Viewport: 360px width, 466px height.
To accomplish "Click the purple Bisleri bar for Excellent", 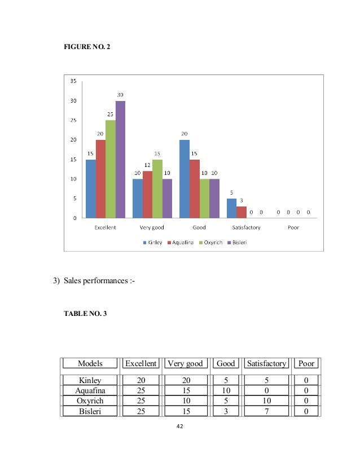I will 120,159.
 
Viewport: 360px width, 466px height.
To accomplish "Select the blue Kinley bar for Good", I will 185,178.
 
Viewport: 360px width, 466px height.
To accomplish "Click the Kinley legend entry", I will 153,243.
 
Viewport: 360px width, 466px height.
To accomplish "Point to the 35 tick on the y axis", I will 73,81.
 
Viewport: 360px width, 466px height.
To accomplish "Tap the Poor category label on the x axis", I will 293,227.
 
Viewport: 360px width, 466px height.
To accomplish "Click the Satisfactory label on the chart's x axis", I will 247,227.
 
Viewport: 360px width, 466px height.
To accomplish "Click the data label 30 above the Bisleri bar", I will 120,95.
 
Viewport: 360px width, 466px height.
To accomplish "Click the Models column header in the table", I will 90,364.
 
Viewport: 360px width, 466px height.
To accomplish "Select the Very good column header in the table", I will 184,364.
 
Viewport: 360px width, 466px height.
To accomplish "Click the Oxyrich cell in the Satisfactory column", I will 266,400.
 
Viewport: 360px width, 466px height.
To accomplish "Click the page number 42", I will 179,427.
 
